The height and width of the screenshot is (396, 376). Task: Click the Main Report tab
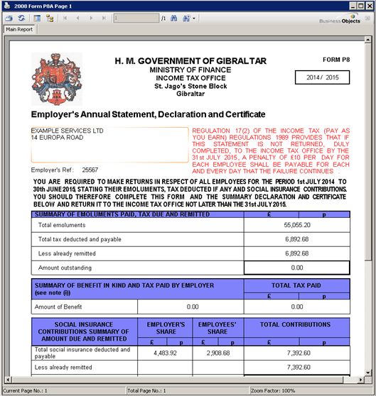pos(20,30)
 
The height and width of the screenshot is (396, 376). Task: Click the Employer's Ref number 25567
pos(90,170)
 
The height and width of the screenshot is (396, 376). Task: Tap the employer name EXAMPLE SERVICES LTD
pos(68,131)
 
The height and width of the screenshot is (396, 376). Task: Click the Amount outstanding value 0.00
pos(296,267)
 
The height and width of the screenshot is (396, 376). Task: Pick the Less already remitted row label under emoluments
pos(65,253)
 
